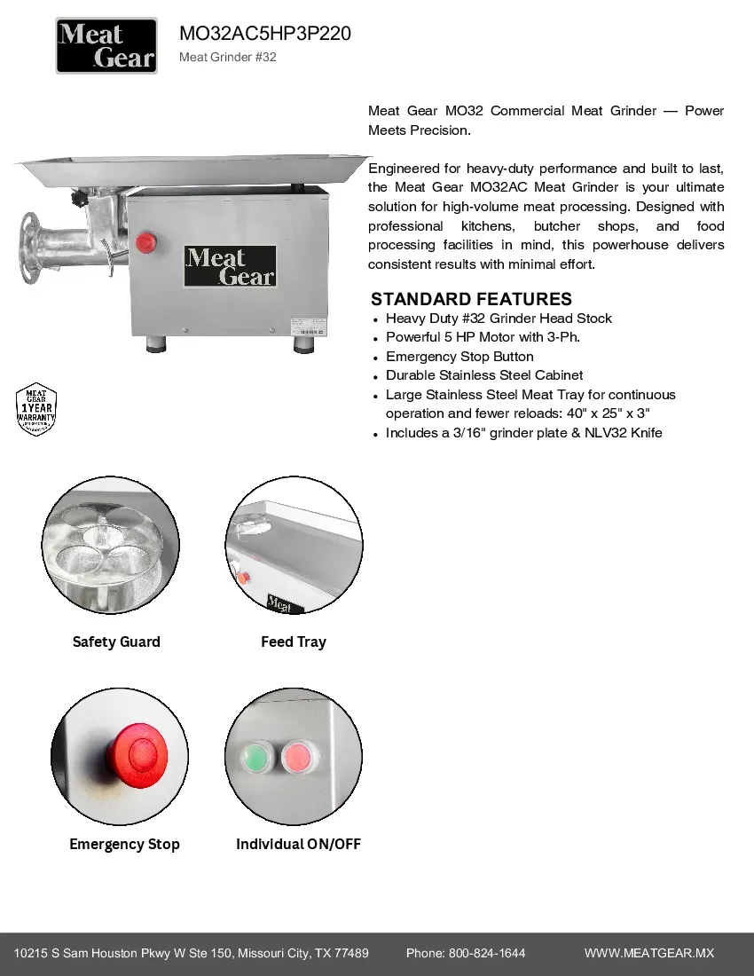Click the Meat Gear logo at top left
pyautogui.click(x=106, y=46)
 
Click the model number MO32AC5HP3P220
pyautogui.click(x=265, y=34)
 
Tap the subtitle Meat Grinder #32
pyautogui.click(x=228, y=58)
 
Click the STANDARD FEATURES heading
pyautogui.click(x=471, y=299)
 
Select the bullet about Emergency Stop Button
pyautogui.click(x=459, y=356)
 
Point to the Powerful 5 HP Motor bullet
pyautogui.click(x=483, y=337)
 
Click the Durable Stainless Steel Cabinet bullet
pyautogui.click(x=483, y=375)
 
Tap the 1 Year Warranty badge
pyautogui.click(x=36, y=409)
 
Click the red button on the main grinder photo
pyautogui.click(x=145, y=241)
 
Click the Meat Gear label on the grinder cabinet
pyautogui.click(x=230, y=266)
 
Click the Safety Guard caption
pyautogui.click(x=116, y=641)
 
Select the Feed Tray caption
pyautogui.click(x=293, y=641)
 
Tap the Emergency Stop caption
pyautogui.click(x=124, y=844)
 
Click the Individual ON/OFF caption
pyautogui.click(x=298, y=844)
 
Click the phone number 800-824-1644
pyautogui.click(x=487, y=953)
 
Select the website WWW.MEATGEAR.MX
pyautogui.click(x=648, y=953)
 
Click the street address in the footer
pyautogui.click(x=191, y=953)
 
